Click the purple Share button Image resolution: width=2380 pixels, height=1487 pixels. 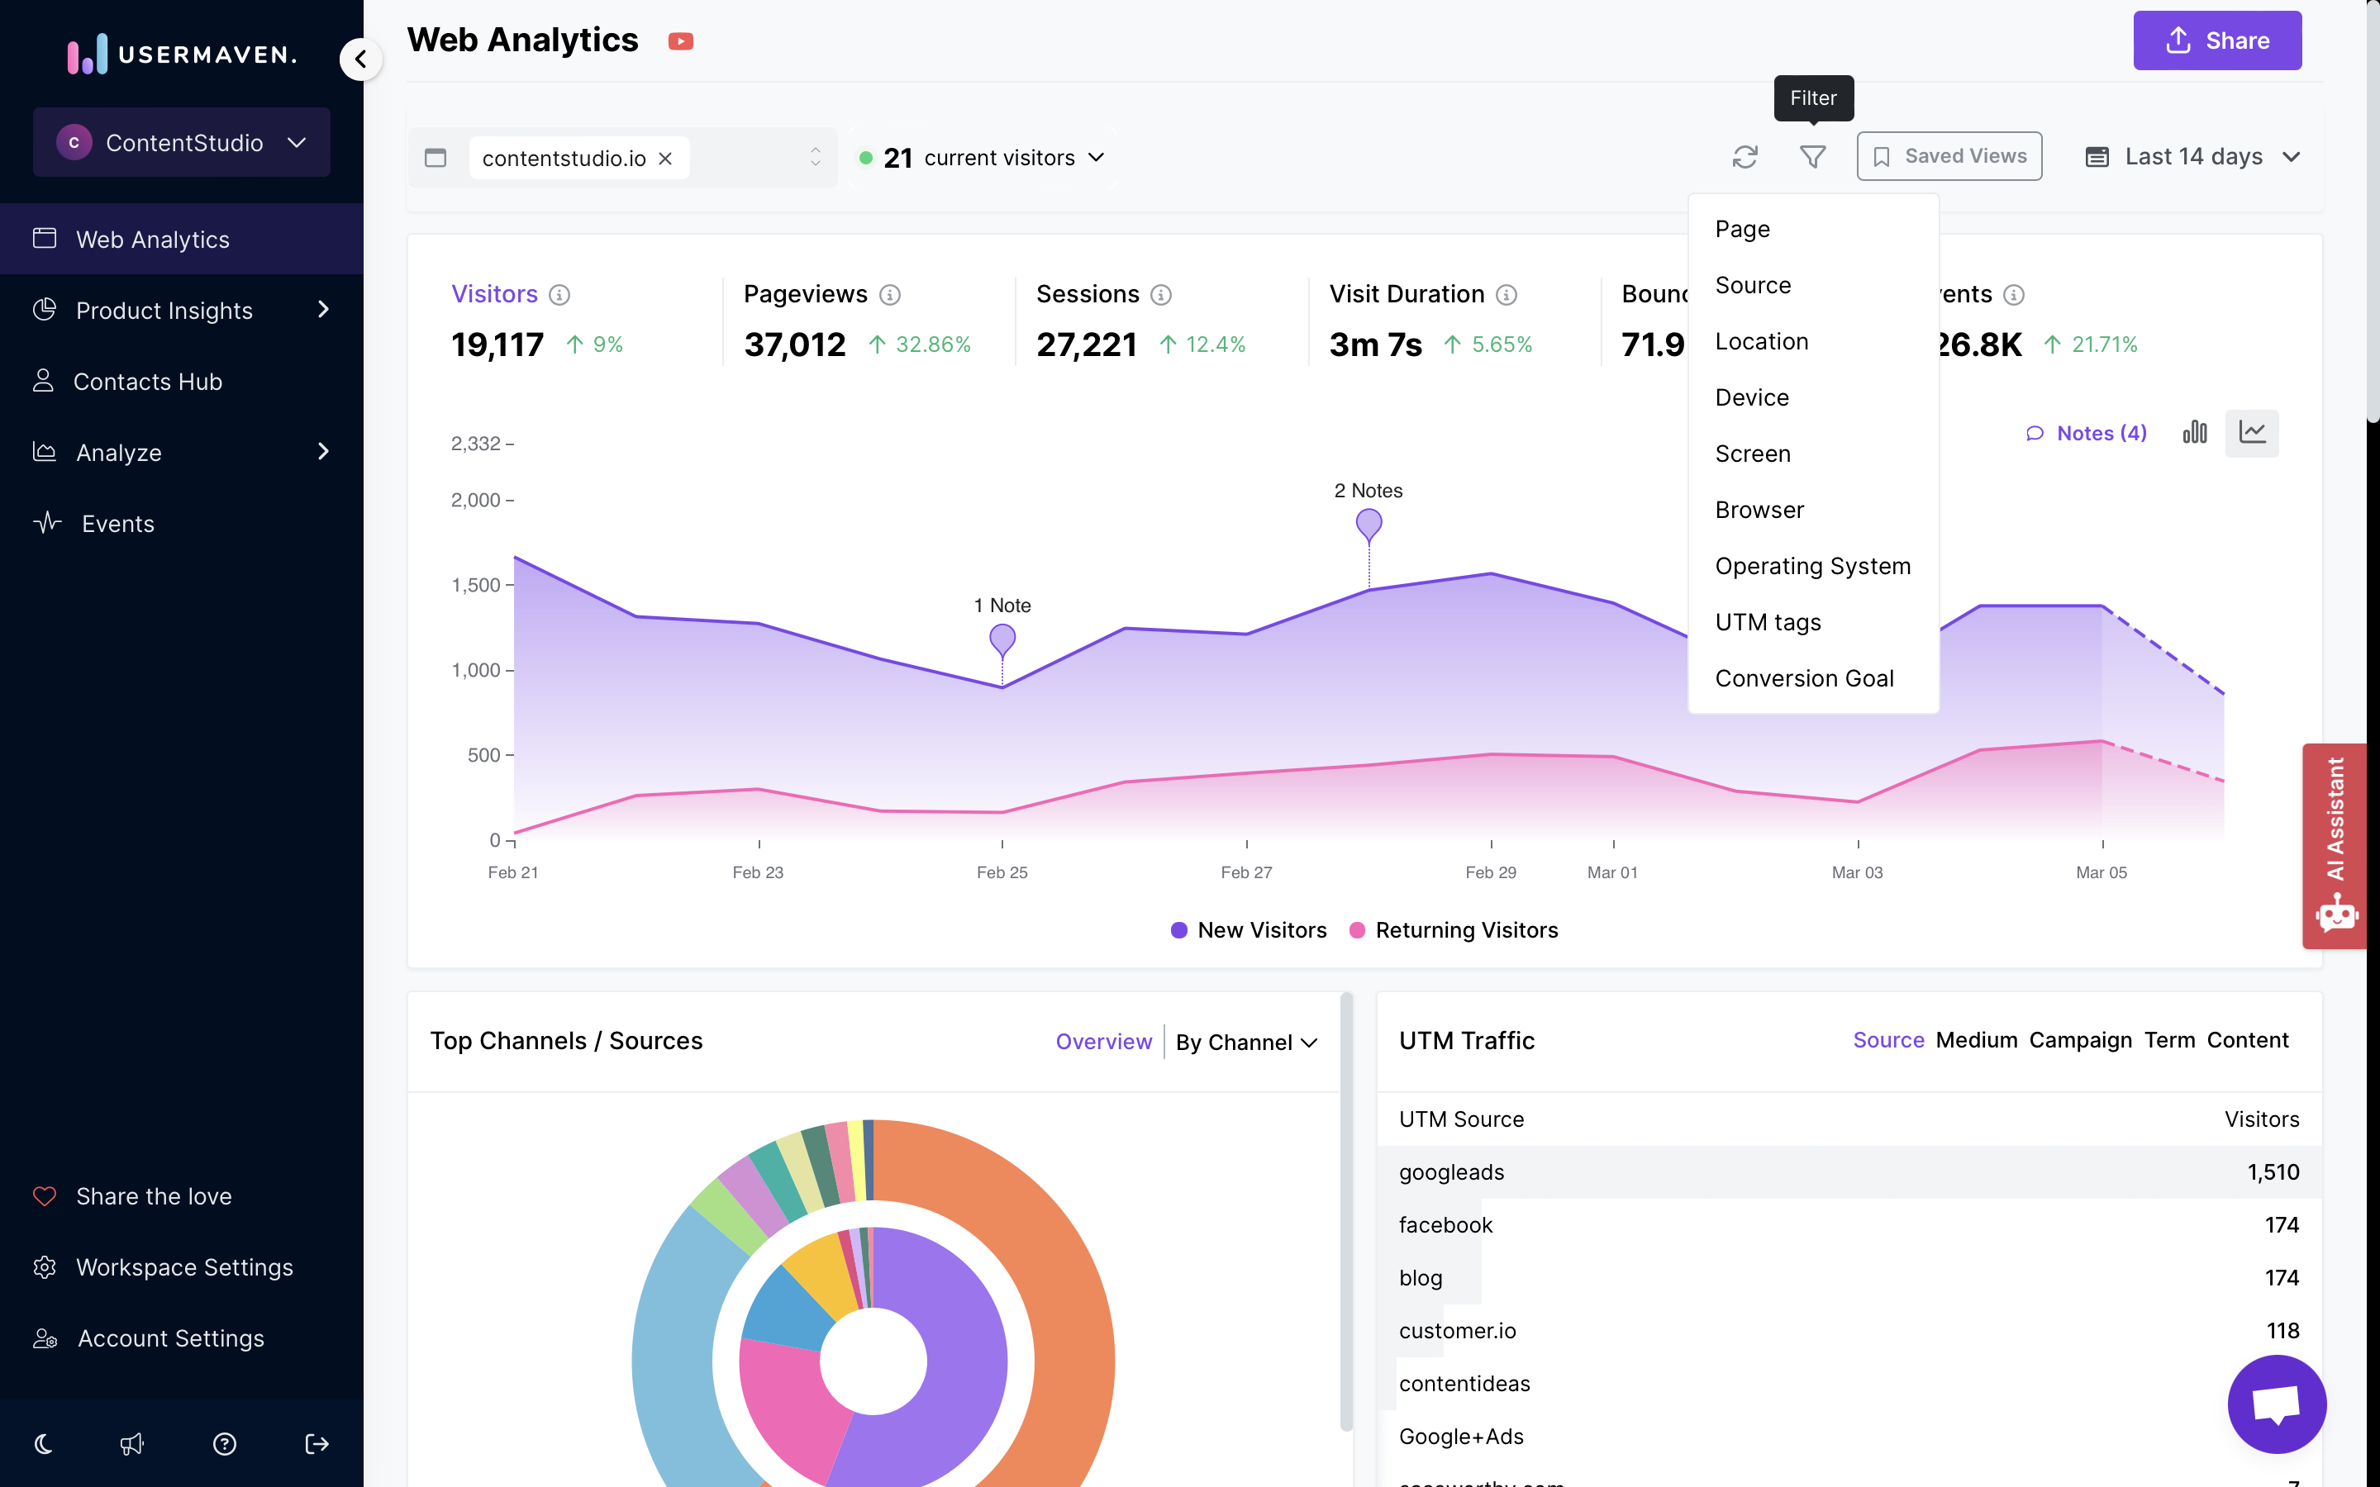2216,40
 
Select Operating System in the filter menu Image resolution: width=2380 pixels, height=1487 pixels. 1811,566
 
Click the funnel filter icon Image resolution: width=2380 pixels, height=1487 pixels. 1811,156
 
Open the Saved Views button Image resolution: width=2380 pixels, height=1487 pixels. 1949,156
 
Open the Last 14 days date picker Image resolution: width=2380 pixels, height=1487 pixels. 2192,156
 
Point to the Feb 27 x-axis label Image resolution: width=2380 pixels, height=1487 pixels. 1246,872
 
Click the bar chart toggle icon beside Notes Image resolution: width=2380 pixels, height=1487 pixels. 2194,433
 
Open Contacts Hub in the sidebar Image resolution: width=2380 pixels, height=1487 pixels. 148,382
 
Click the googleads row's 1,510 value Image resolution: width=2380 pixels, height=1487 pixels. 2272,1171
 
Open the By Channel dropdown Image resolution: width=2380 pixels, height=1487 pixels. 1245,1042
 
